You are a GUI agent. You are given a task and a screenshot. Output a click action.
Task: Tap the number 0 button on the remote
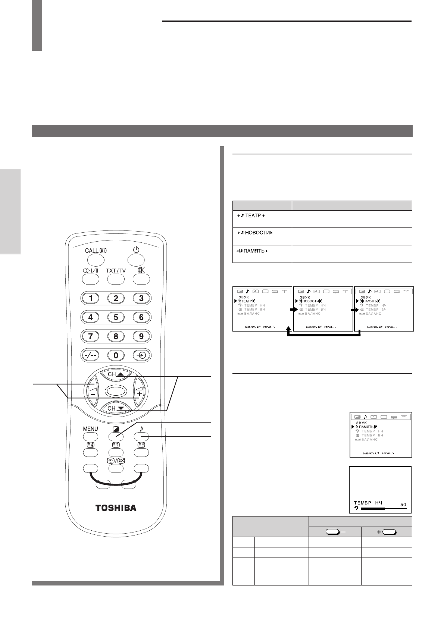(x=116, y=355)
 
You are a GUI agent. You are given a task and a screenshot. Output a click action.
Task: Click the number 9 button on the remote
(x=141, y=336)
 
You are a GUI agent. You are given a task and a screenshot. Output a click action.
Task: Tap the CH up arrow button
(x=116, y=374)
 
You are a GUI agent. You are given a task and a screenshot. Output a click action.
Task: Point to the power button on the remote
(x=136, y=260)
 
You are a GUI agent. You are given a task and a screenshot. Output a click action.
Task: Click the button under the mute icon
(x=141, y=279)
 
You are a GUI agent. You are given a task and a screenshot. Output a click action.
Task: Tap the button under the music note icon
(x=141, y=437)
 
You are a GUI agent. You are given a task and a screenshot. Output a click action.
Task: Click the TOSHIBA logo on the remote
(x=116, y=508)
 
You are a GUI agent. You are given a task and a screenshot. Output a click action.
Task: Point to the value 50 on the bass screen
(x=403, y=505)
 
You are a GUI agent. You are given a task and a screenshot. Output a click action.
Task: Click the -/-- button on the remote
(x=91, y=355)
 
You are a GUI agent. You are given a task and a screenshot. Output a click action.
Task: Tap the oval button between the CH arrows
(x=116, y=391)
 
